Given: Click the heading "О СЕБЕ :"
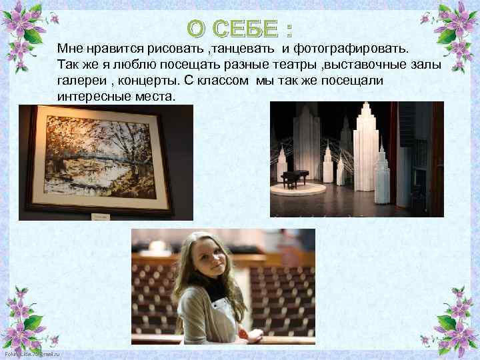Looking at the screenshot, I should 239,29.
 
